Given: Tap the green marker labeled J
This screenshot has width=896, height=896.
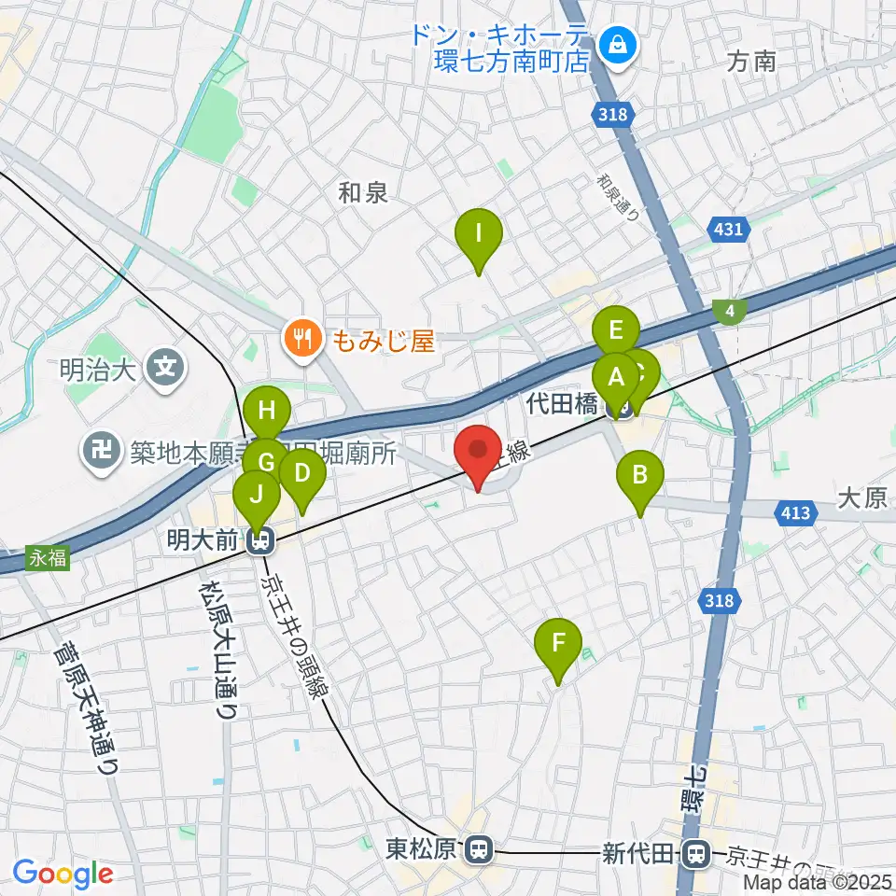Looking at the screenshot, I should (x=256, y=496).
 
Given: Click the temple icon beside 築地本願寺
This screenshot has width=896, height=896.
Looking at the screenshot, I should (x=100, y=453).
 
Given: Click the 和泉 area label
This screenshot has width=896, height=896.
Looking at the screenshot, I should (x=363, y=193).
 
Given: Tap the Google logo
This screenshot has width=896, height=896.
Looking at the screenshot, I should (x=63, y=874).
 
